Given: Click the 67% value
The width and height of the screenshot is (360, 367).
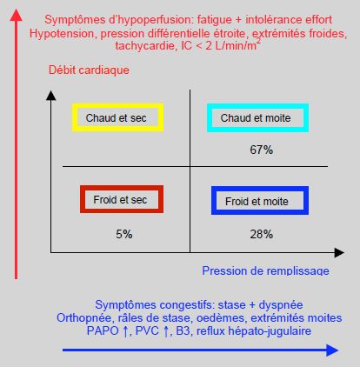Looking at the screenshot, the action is [262, 150].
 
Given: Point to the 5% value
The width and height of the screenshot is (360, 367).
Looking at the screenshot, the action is [124, 234].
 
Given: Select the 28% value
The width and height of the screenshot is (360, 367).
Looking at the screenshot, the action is [262, 234].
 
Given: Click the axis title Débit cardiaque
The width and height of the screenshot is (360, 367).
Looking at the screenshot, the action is [89, 70].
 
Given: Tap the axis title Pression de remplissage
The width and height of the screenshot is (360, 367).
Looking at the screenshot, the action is [265, 270].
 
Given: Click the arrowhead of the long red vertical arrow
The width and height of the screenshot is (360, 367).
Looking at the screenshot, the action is [16, 15].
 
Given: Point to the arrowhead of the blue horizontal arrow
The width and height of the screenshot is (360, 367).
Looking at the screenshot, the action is [332, 350].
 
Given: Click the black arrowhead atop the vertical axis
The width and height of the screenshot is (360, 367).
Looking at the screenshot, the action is [51, 96].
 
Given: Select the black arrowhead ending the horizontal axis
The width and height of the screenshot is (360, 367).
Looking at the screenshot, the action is [339, 253].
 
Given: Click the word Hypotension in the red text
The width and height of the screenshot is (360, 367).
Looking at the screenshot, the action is [62, 34].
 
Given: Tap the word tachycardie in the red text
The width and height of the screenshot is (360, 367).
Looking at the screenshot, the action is [145, 46].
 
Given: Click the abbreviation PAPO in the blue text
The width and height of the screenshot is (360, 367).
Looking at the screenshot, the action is [103, 330].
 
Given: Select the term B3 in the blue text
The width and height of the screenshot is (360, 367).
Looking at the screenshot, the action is [183, 330].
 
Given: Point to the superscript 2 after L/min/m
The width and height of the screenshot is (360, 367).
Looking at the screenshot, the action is [258, 42].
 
